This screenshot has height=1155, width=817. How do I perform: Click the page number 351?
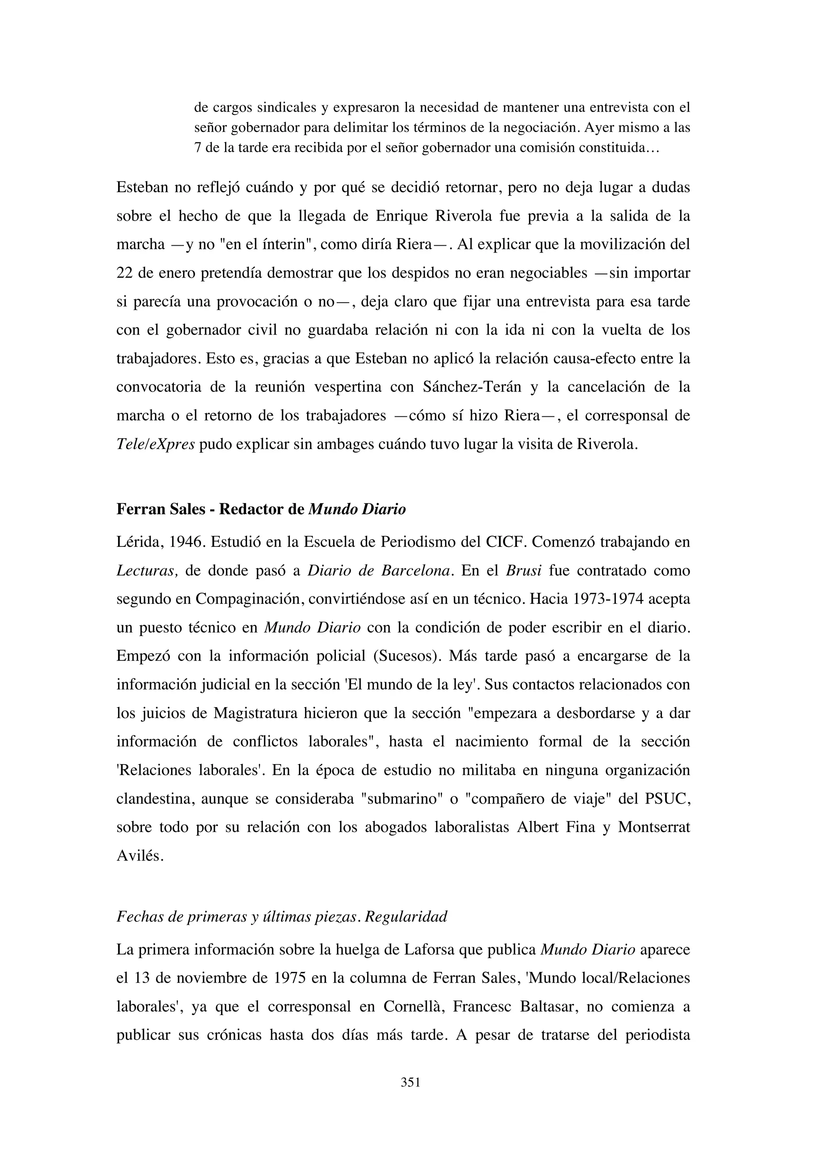(410, 1082)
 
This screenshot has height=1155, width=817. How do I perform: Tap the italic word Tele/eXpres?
(156, 445)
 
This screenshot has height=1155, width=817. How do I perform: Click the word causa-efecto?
(584, 359)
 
